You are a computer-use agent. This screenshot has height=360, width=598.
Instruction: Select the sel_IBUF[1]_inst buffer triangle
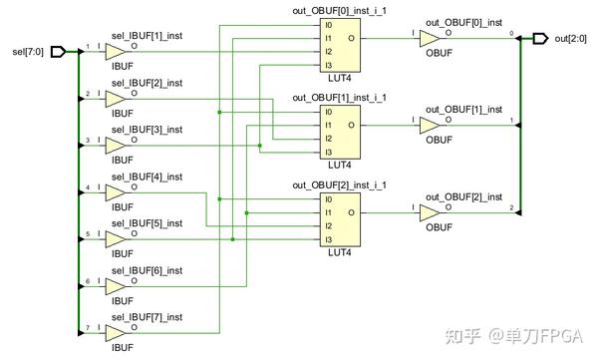117,52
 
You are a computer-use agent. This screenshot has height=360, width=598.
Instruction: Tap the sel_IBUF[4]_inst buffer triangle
117,192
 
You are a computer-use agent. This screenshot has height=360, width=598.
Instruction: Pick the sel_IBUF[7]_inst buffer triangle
117,333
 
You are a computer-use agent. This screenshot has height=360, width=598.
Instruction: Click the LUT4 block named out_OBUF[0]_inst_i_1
339,46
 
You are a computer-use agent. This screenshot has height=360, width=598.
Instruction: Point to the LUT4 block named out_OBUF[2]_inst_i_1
339,219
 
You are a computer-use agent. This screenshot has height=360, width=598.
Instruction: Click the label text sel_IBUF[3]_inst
147,130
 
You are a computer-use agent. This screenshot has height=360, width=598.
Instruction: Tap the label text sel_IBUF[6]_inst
147,270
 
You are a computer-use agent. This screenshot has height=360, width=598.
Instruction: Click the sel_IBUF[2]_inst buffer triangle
117,99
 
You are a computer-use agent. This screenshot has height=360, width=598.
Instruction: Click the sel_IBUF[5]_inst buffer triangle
117,239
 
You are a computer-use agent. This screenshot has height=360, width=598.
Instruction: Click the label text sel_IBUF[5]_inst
147,223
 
